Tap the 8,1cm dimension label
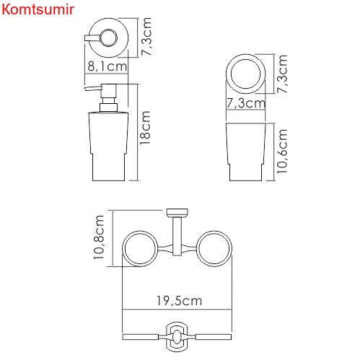coord(107,66)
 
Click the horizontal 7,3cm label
coord(245,103)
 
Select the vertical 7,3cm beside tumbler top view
coord(284,74)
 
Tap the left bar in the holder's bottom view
coord(143,337)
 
